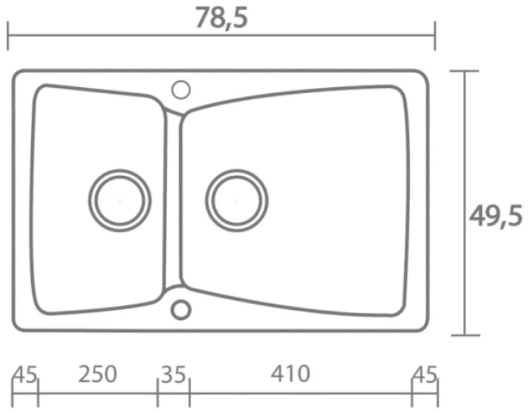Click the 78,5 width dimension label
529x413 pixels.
click(x=222, y=19)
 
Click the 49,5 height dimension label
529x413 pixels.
click(x=495, y=217)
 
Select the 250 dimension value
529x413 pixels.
click(x=97, y=374)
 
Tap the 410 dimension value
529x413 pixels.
click(x=290, y=374)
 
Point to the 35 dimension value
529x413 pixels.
click(x=173, y=375)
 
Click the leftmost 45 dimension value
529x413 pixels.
click(x=24, y=375)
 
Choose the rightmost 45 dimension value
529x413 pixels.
click(x=425, y=375)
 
